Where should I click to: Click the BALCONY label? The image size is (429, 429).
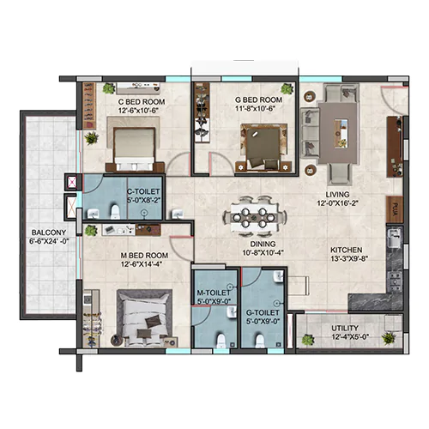point(49,233)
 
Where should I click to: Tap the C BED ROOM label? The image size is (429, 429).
point(142,102)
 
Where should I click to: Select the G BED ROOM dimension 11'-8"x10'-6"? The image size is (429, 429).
point(256,109)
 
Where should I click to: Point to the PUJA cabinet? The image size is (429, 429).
point(395,209)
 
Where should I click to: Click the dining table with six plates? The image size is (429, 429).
point(254,218)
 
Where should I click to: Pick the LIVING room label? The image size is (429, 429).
point(337,195)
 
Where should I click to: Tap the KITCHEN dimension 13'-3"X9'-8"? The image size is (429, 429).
point(349,258)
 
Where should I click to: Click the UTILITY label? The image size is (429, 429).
point(345,328)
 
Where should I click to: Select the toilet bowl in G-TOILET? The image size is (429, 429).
point(260,341)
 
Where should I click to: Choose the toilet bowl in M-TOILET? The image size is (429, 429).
point(221,341)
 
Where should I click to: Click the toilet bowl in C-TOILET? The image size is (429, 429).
point(115,212)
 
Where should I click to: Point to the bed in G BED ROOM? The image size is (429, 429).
point(263,148)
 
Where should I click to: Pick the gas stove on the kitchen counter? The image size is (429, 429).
point(395,281)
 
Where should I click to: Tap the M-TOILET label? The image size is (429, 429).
point(214,293)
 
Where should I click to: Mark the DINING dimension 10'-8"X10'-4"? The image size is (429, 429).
point(263,253)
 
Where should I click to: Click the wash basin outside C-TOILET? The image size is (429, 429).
point(178,214)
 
